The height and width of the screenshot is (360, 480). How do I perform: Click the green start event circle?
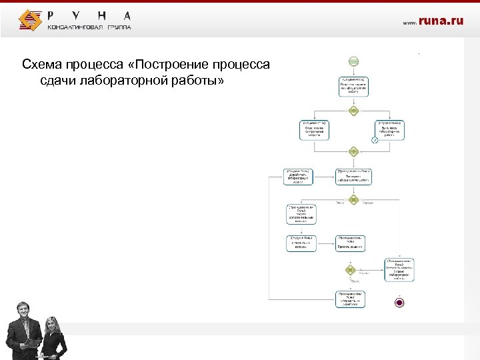click(353, 61)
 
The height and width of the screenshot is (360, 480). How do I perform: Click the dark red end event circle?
click(399, 302)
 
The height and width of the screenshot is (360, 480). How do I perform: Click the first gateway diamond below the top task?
click(353, 110)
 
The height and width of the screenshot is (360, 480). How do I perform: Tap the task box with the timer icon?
click(389, 130)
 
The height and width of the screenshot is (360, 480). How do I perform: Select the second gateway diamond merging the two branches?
click(353, 152)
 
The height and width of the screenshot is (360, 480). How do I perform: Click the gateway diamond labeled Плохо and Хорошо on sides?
click(353, 199)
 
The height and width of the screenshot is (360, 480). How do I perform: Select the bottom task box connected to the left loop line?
click(353, 299)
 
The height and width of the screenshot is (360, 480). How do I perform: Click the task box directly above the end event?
click(399, 269)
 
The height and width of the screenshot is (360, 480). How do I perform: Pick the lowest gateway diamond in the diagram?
click(349, 270)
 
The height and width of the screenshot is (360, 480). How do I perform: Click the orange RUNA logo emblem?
click(30, 20)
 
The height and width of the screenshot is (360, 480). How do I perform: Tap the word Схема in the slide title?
click(41, 65)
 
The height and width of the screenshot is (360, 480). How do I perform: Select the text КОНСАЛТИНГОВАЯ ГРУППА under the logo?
click(89, 27)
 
